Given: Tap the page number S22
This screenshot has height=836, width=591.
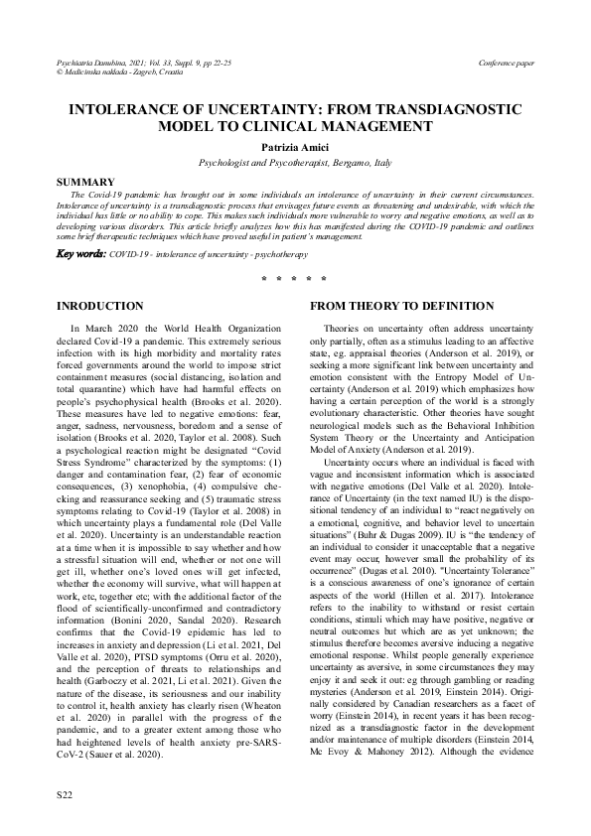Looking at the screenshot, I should pyautogui.click(x=67, y=795).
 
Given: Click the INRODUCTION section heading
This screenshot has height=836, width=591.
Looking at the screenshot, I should pyautogui.click(x=105, y=305).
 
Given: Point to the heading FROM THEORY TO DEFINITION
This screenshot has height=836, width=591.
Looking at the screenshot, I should pyautogui.click(x=402, y=305).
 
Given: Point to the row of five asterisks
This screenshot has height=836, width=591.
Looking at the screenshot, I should pyautogui.click(x=295, y=279).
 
